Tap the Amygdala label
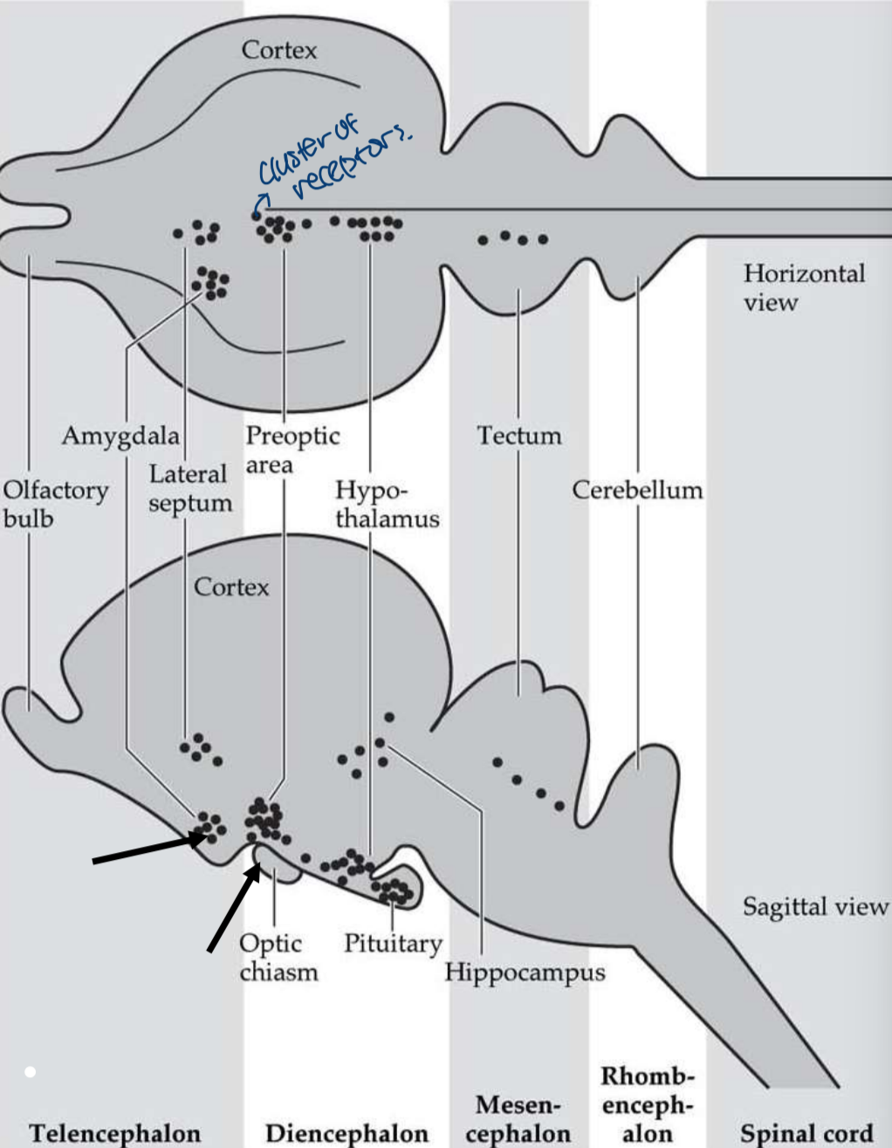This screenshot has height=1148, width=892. [x=120, y=435]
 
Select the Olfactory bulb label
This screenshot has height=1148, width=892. [x=54, y=504]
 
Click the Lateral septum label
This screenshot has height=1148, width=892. [x=189, y=488]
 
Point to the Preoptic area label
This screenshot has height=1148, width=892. [x=292, y=449]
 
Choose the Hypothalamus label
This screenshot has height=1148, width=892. [x=386, y=504]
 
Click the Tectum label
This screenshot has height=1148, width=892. [x=518, y=435]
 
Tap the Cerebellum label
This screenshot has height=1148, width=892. [x=637, y=490]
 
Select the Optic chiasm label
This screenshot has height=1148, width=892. [x=278, y=957]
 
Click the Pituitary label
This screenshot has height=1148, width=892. [x=393, y=943]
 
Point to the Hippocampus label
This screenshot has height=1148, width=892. [x=525, y=972]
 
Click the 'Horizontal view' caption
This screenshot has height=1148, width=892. [x=803, y=287]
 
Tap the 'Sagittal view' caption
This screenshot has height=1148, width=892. [x=814, y=907]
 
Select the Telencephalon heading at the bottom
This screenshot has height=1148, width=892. [x=114, y=1133]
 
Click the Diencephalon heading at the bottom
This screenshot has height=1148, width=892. [x=347, y=1133]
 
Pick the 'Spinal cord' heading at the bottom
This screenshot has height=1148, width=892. [x=806, y=1133]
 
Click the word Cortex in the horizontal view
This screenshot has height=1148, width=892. [x=279, y=50]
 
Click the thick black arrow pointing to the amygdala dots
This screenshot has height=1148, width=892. [x=144, y=850]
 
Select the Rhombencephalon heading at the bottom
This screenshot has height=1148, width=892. [x=647, y=1105]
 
